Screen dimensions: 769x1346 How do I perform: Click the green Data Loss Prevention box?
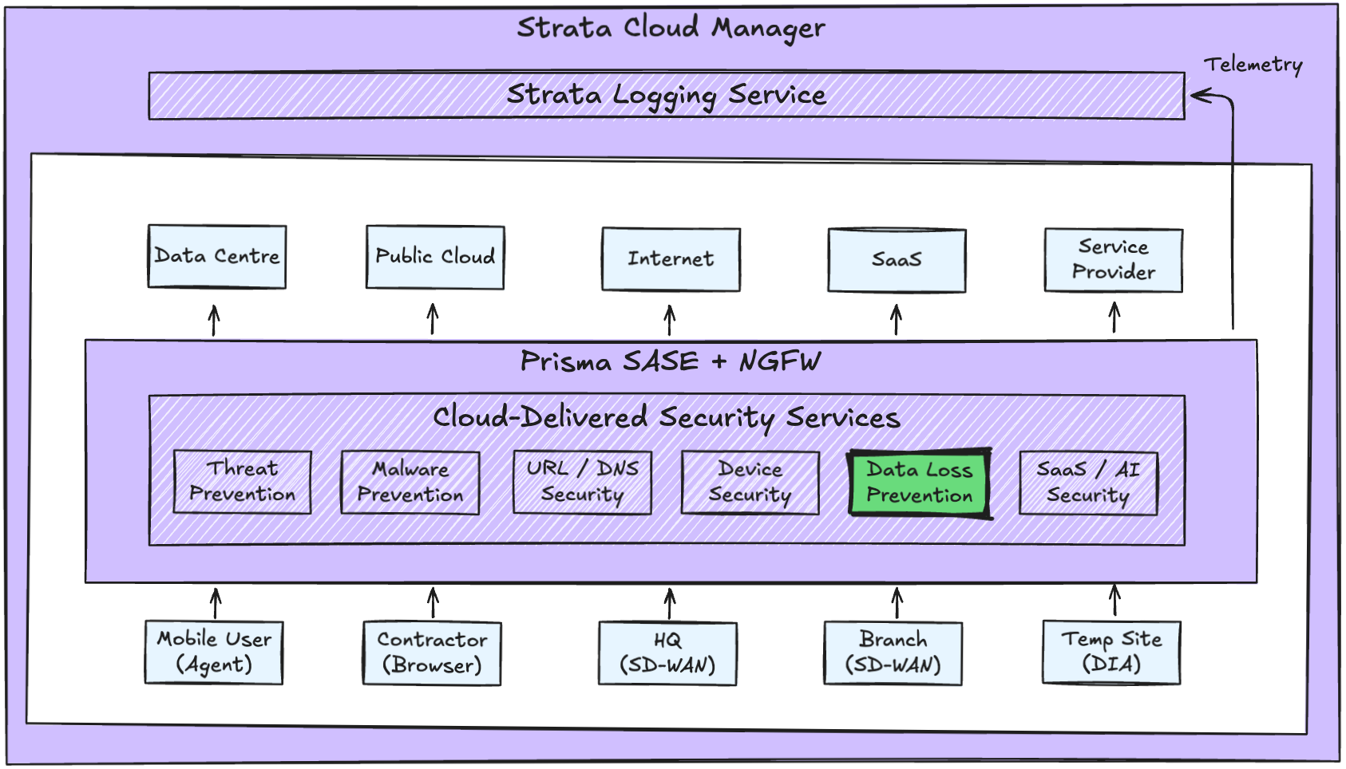tap(920, 483)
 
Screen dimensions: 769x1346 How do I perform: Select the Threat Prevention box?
tap(242, 482)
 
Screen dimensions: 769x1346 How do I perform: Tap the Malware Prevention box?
tap(410, 483)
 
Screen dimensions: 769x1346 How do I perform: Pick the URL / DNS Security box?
tap(582, 483)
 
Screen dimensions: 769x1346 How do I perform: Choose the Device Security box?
tap(750, 483)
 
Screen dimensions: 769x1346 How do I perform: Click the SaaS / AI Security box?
tap(1088, 483)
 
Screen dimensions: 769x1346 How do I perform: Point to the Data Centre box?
tap(217, 257)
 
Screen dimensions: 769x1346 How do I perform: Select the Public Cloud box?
tap(435, 257)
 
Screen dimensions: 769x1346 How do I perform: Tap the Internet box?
tap(671, 259)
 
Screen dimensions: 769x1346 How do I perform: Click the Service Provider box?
tap(1114, 260)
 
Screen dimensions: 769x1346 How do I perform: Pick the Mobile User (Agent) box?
tap(214, 653)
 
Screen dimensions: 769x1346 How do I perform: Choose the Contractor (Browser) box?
tap(432, 653)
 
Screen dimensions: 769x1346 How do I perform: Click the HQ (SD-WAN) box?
tap(667, 653)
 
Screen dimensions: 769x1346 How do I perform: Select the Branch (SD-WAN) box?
tap(893, 653)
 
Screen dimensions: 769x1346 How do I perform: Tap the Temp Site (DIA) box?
tap(1111, 653)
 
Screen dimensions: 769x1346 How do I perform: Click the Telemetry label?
tap(1253, 65)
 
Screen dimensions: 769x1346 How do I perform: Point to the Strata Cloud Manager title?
tap(671, 28)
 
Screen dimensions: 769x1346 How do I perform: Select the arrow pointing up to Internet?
tap(670, 320)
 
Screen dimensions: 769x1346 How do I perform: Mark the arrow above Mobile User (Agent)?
tap(216, 603)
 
